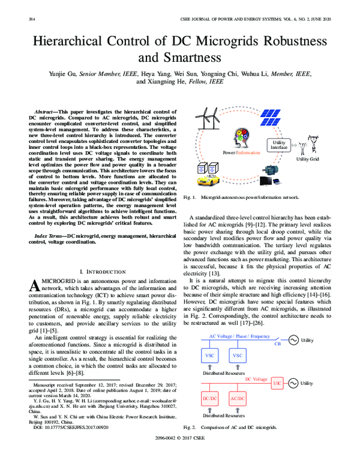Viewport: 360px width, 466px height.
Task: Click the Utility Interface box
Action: [279, 144]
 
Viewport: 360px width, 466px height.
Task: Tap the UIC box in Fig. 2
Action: [277, 366]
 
